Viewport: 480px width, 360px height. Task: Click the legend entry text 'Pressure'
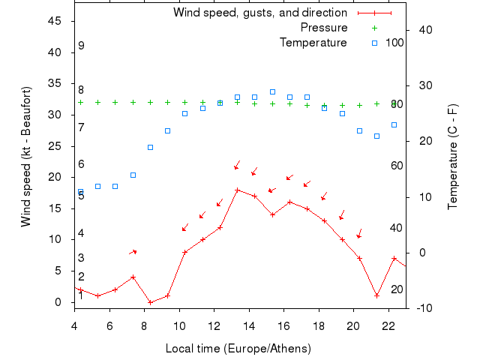(x=324, y=28)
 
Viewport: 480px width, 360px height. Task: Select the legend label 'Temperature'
(x=313, y=43)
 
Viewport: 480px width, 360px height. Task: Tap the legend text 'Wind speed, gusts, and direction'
(x=259, y=13)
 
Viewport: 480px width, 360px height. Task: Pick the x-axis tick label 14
(x=249, y=325)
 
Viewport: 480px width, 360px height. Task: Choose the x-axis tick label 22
(x=388, y=325)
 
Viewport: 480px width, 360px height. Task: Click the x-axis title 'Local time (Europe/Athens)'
(x=238, y=349)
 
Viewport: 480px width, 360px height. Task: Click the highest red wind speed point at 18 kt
(x=237, y=190)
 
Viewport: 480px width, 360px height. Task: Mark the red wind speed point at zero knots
(x=150, y=302)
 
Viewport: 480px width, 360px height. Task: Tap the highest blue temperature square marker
(x=272, y=91)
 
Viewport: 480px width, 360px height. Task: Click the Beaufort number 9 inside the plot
(x=81, y=46)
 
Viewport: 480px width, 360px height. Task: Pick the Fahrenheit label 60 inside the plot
(x=397, y=166)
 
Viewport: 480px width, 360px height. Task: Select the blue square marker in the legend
(x=375, y=43)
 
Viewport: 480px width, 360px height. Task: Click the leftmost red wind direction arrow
(x=133, y=251)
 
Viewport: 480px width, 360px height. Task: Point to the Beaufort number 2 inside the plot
(x=81, y=277)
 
